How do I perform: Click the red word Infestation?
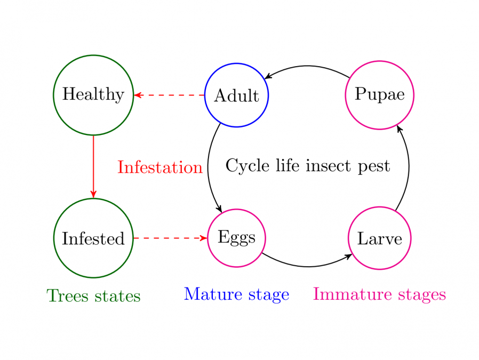160,167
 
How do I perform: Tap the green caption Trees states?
93,295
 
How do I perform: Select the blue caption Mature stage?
236,294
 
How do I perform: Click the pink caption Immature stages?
380,294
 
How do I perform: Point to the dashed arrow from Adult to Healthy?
169,95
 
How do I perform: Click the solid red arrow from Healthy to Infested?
93,167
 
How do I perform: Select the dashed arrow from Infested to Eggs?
171,238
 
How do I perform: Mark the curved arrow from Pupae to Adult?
307,66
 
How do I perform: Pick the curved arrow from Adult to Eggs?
208,167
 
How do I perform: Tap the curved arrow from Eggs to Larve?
308,267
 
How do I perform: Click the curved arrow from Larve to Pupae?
409,167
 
